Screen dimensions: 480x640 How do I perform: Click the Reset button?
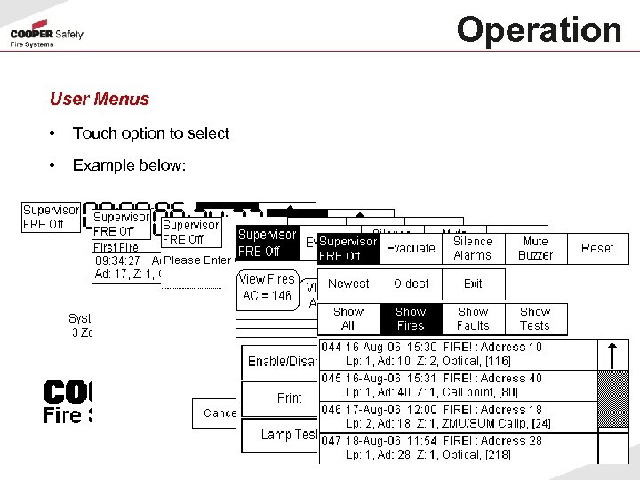pyautogui.click(x=597, y=248)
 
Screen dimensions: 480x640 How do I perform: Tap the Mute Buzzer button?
pyautogui.click(x=536, y=248)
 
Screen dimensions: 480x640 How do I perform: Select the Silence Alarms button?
pyautogui.click(x=473, y=248)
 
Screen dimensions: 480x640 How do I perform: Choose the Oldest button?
pyautogui.click(x=411, y=284)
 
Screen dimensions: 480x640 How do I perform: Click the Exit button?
pyautogui.click(x=473, y=284)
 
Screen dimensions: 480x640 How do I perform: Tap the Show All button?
pyautogui.click(x=348, y=318)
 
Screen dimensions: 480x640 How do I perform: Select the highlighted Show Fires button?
pyautogui.click(x=411, y=318)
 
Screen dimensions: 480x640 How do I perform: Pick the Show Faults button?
pyautogui.click(x=473, y=318)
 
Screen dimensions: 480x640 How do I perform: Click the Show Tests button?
pyautogui.click(x=535, y=318)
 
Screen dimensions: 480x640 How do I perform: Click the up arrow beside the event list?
pyautogui.click(x=612, y=354)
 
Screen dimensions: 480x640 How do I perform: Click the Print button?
pyautogui.click(x=289, y=398)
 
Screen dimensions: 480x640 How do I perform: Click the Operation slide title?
pyautogui.click(x=539, y=29)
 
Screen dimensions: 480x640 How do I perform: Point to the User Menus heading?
pyautogui.click(x=100, y=99)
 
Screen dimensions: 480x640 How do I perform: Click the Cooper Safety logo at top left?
pyautogui.click(x=46, y=38)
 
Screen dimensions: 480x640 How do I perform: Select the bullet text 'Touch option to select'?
pyautogui.click(x=151, y=133)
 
